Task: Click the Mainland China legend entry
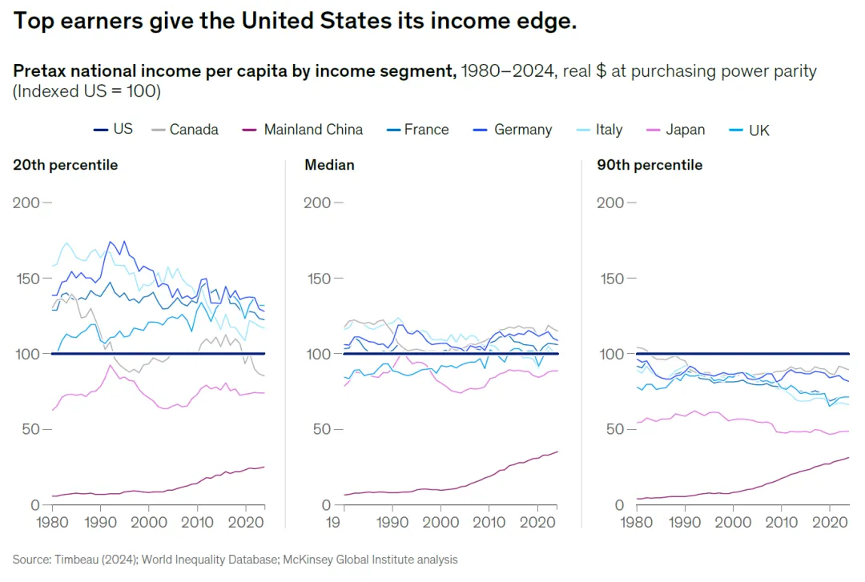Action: (313, 130)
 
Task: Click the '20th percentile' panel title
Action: (65, 165)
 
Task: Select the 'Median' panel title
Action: (329, 165)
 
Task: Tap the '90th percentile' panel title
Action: (650, 165)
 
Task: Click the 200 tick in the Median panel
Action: (317, 203)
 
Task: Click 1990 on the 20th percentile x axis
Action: (101, 524)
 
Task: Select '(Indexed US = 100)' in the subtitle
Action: (86, 91)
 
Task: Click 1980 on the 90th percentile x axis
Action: (637, 524)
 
